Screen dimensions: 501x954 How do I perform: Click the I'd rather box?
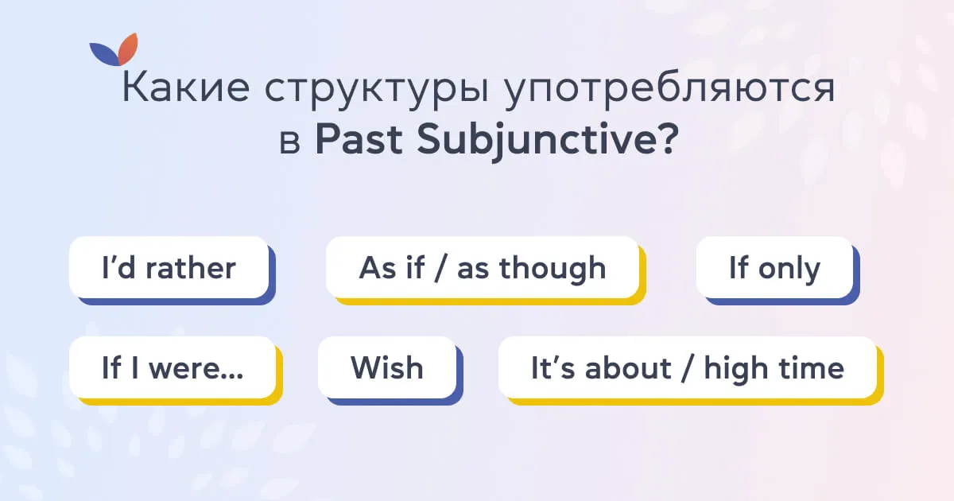click(x=169, y=268)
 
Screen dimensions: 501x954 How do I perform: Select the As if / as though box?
click(x=482, y=268)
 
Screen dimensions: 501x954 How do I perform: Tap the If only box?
click(x=774, y=268)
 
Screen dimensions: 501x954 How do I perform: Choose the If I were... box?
click(x=173, y=368)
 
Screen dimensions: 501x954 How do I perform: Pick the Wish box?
click(x=387, y=368)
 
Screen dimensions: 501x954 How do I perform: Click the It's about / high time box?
click(x=687, y=368)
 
